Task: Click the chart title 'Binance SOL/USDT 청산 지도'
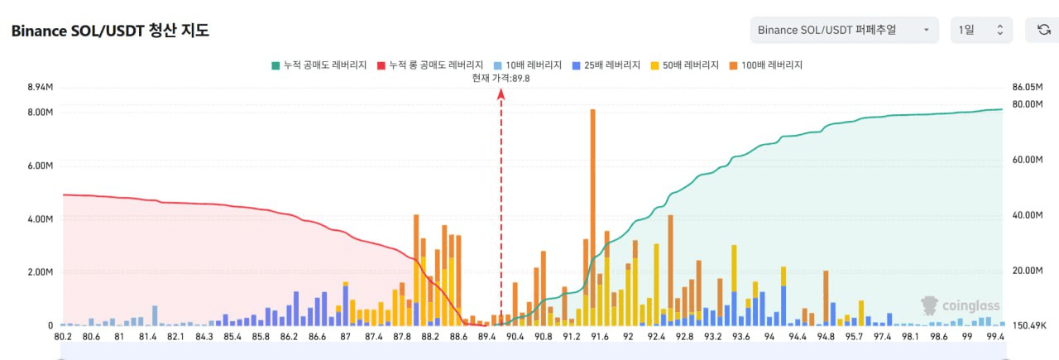point(110,31)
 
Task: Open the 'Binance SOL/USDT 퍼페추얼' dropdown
point(844,30)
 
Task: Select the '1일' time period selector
point(981,30)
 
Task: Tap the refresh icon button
point(1043,30)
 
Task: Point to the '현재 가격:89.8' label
point(501,78)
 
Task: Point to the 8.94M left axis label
point(41,87)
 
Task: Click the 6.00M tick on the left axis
point(41,166)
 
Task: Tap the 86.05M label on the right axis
point(1028,87)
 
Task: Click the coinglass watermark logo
point(961,305)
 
